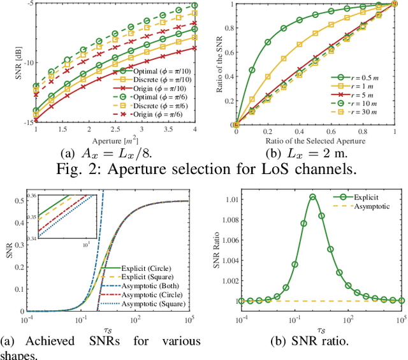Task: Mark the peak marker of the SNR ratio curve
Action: click(312, 196)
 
